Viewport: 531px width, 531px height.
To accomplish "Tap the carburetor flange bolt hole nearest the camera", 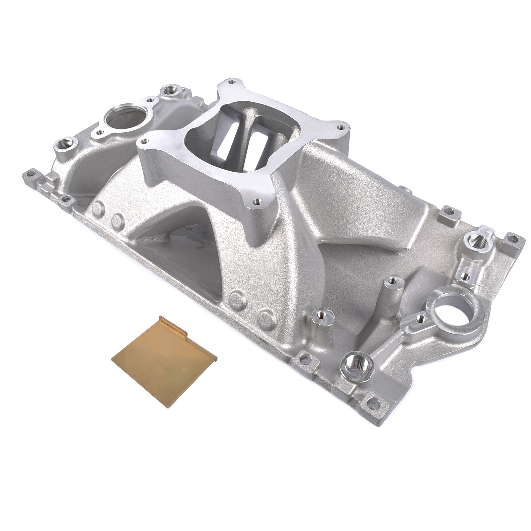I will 257,201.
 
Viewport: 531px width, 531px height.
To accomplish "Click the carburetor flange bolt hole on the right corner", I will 341,127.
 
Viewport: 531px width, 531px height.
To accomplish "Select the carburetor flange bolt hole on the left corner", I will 145,141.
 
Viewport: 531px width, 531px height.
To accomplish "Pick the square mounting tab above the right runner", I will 448,211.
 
